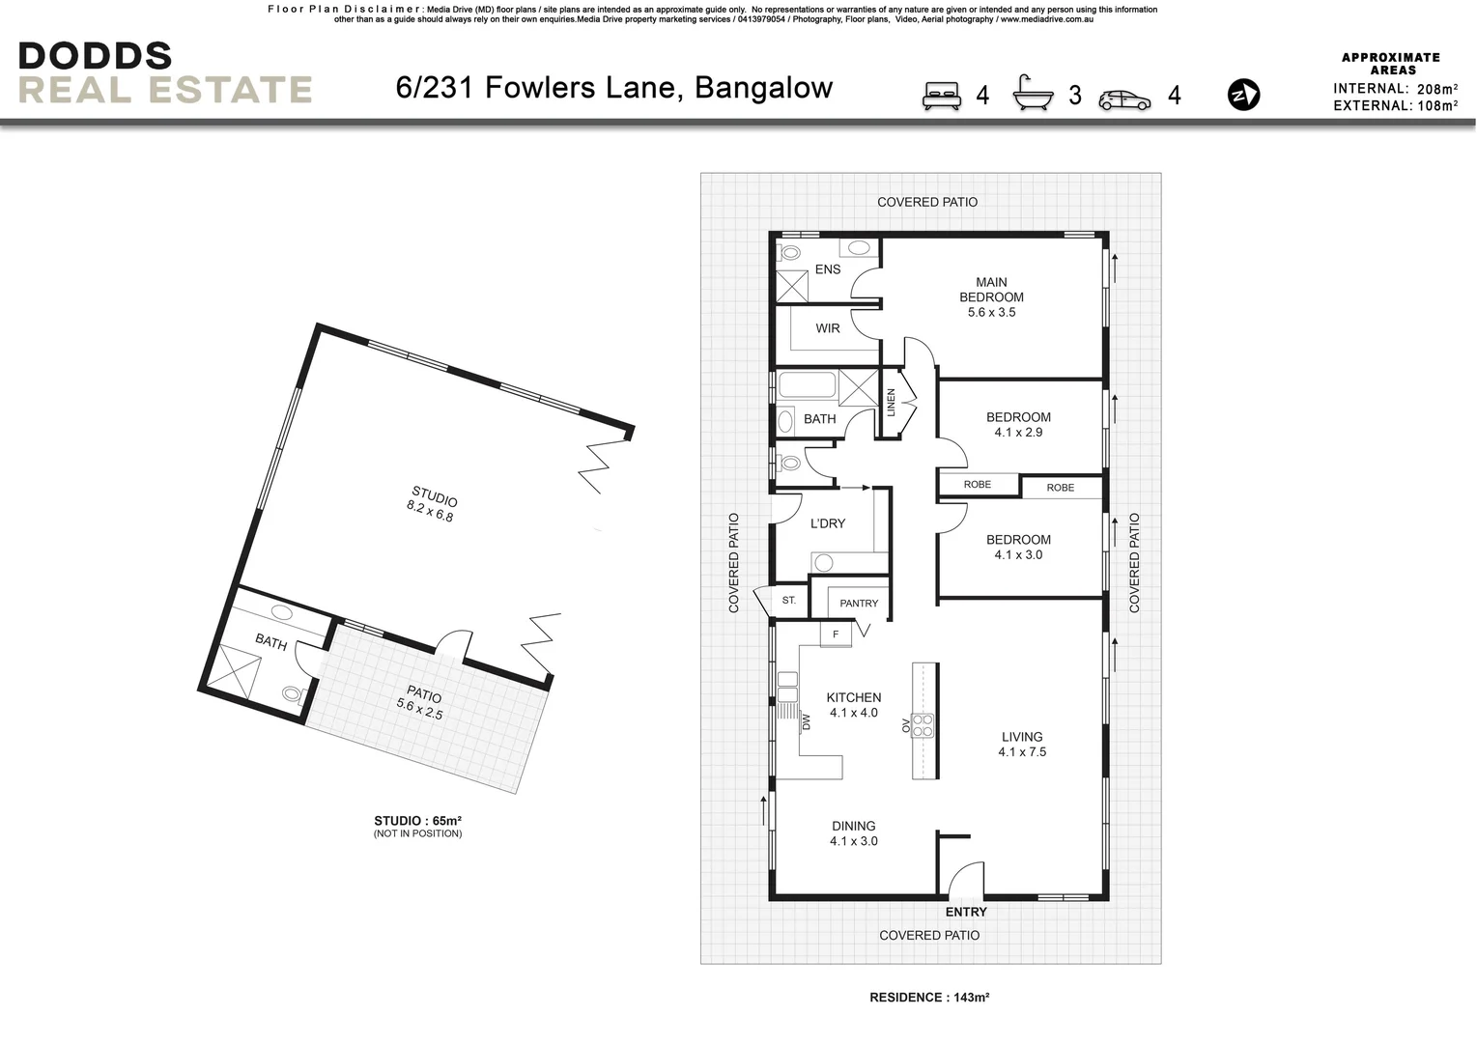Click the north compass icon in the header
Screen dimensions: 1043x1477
click(x=1243, y=95)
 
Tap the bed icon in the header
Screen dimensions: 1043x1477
click(x=942, y=95)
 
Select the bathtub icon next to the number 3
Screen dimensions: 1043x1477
click(x=1033, y=94)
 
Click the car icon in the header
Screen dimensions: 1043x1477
click(x=1124, y=99)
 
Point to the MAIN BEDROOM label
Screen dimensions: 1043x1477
click(x=991, y=290)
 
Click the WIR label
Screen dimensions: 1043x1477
click(x=828, y=328)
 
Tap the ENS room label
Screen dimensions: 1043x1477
click(x=828, y=269)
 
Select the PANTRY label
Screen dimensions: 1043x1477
click(x=859, y=604)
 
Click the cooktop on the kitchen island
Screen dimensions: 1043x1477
click(x=924, y=724)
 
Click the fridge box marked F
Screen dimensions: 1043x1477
click(x=836, y=634)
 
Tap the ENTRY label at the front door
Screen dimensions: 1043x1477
click(x=966, y=912)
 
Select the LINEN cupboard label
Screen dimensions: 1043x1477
click(x=892, y=402)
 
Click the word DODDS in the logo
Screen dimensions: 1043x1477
click(x=95, y=55)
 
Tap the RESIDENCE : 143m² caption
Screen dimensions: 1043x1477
click(x=929, y=998)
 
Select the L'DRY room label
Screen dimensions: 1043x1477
click(x=828, y=523)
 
